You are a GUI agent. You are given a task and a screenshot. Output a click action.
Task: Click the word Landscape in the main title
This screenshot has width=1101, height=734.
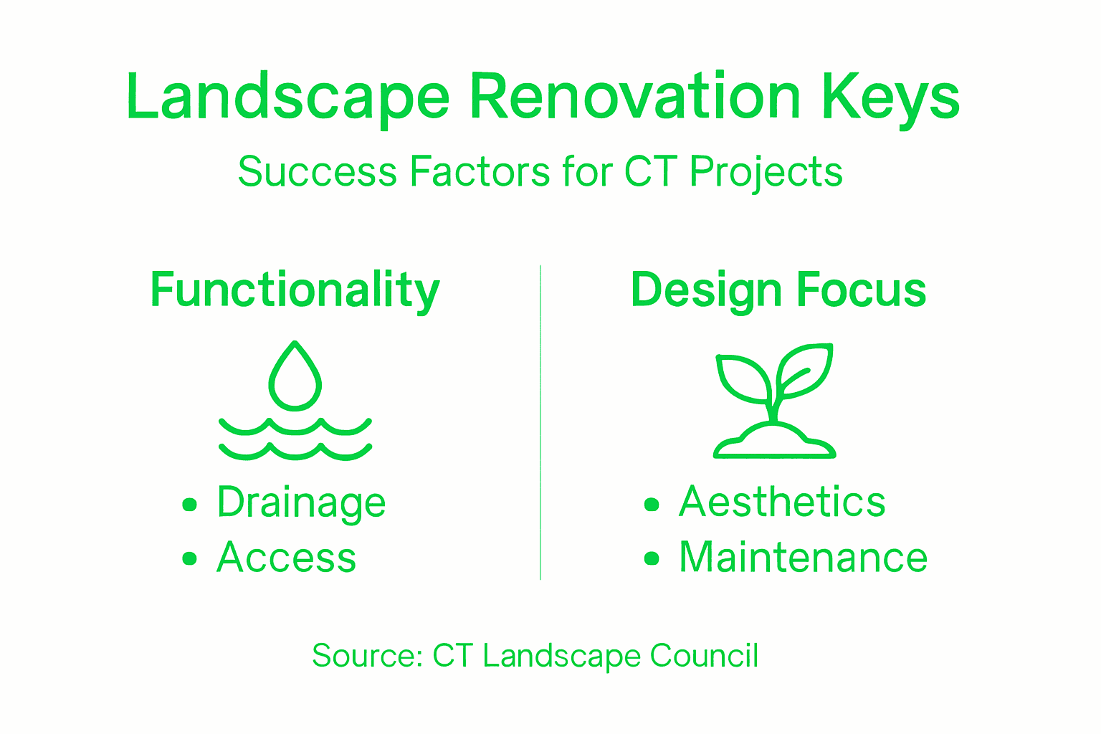(x=287, y=98)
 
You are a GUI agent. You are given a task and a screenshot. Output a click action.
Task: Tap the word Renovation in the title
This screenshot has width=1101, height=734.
(x=634, y=97)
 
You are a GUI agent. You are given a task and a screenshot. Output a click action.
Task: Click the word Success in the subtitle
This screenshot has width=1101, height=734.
(x=317, y=172)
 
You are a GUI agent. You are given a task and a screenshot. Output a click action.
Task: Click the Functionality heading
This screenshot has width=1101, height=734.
(x=295, y=290)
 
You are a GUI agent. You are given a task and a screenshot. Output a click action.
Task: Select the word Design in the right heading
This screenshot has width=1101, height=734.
(x=705, y=290)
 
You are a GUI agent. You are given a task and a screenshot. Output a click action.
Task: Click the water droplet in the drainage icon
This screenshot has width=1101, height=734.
(x=295, y=380)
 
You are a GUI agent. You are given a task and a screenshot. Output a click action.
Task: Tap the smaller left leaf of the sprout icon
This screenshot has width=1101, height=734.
(x=743, y=378)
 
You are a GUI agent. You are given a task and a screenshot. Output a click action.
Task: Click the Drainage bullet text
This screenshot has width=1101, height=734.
(x=301, y=502)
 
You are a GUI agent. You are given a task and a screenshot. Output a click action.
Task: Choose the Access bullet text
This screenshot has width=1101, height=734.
(x=286, y=558)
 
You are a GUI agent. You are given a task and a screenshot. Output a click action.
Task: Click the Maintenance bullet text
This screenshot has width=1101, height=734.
(x=803, y=558)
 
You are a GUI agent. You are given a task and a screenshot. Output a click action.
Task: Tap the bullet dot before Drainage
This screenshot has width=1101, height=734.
(x=189, y=505)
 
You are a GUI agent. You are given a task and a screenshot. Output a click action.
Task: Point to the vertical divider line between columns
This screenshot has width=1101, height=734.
(x=540, y=423)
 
